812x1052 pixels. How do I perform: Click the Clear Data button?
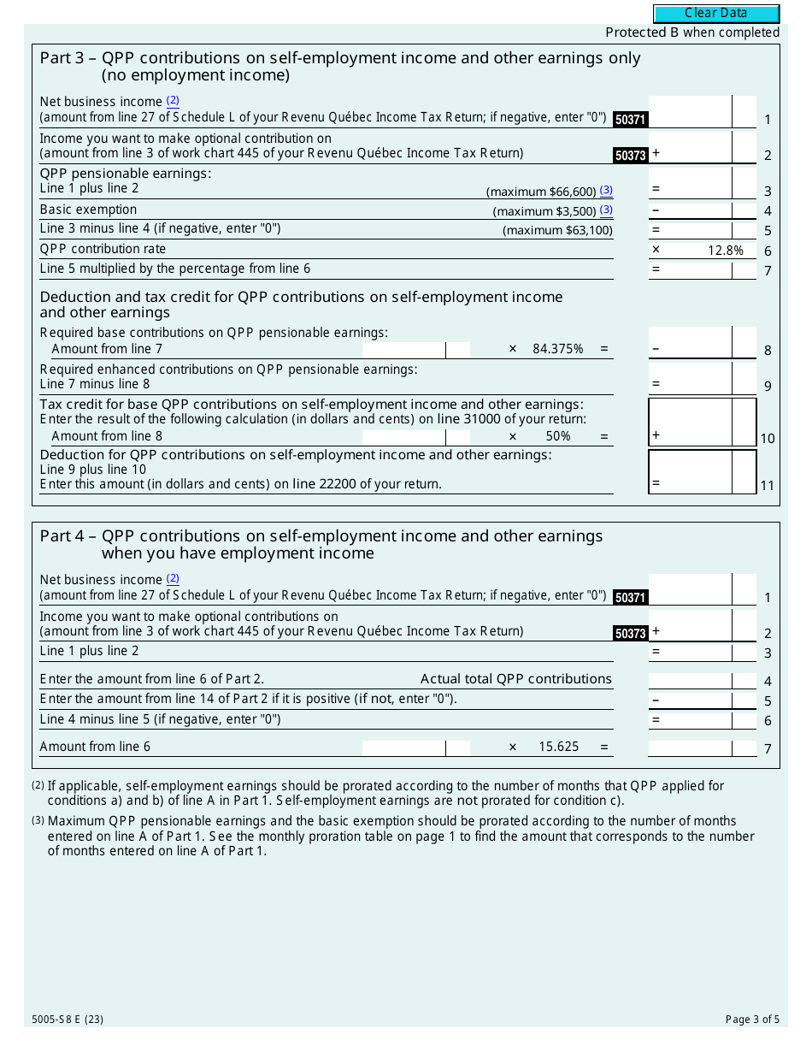716,14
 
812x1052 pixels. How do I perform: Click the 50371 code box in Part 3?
630,120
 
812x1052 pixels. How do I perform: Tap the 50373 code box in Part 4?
630,634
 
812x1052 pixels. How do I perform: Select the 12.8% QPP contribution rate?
726,251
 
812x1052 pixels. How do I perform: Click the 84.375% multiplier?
557,349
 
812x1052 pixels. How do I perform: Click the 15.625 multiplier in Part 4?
558,747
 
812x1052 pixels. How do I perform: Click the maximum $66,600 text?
541,192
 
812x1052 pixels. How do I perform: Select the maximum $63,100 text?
557,230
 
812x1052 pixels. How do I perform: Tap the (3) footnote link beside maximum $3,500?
606,210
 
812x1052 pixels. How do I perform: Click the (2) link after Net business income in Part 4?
173,578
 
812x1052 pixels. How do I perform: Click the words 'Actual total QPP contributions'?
515,679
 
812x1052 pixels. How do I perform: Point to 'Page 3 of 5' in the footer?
752,1019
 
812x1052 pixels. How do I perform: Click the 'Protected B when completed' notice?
692,33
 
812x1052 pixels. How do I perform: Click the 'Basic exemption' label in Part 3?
88,210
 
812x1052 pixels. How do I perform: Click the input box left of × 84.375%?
404,349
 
